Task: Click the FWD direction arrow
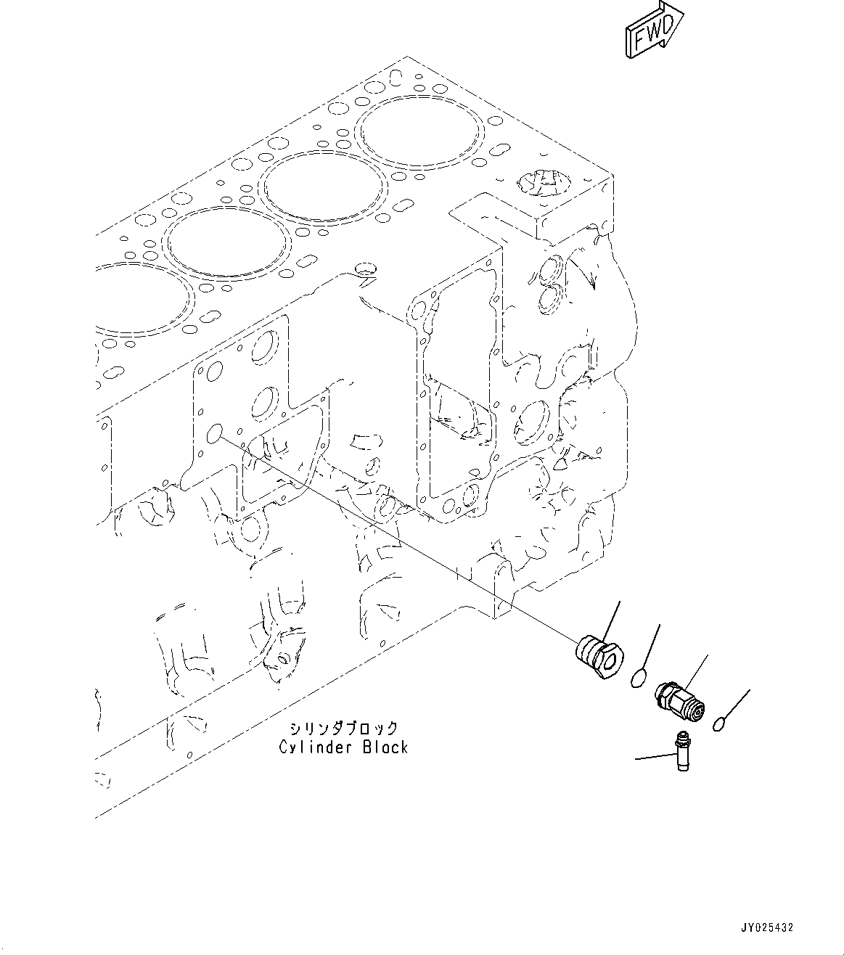[x=652, y=30]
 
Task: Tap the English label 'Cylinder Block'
[x=343, y=747]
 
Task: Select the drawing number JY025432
[x=767, y=927]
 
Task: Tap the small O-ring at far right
[x=718, y=724]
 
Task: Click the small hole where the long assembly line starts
[x=214, y=435]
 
